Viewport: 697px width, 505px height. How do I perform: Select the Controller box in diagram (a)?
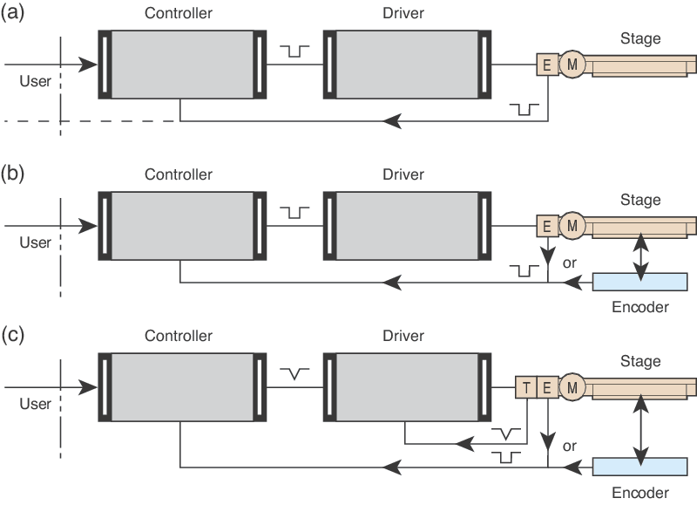coord(181,65)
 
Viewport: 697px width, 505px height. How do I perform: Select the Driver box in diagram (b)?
coord(404,226)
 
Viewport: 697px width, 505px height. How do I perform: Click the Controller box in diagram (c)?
coord(181,386)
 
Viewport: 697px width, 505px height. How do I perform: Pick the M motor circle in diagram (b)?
coord(572,226)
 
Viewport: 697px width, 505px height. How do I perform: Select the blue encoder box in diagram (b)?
coord(639,282)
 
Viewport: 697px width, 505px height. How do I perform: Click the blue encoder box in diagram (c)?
coord(639,466)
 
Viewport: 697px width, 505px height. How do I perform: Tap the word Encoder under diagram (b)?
coord(639,307)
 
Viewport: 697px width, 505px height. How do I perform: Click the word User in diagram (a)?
coord(35,81)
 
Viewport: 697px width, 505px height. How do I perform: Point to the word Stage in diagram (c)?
coord(640,361)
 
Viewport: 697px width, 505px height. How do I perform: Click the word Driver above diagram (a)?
coord(404,14)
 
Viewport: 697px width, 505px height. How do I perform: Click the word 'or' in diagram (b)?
coord(571,261)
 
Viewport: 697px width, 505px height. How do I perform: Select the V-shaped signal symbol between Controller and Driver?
coord(298,373)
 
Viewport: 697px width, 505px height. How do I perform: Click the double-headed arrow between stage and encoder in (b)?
coord(642,256)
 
